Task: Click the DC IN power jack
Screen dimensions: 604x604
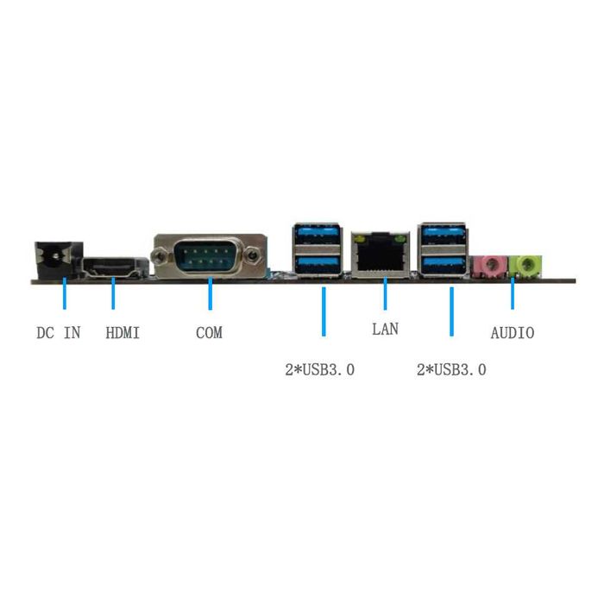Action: pyautogui.click(x=59, y=260)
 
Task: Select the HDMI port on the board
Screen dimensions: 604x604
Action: pyautogui.click(x=115, y=267)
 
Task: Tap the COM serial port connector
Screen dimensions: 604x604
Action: pyautogui.click(x=210, y=255)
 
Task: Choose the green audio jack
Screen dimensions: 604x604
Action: pyautogui.click(x=525, y=266)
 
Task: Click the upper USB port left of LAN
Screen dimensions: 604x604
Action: pyautogui.click(x=318, y=235)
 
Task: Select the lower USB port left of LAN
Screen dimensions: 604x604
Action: pyautogui.click(x=318, y=264)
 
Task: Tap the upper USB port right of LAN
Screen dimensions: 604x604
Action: pyautogui.click(x=444, y=235)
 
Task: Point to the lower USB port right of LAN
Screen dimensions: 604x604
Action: pyautogui.click(x=444, y=264)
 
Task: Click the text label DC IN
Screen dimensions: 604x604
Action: pyautogui.click(x=59, y=333)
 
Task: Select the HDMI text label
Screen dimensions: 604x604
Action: pyautogui.click(x=123, y=333)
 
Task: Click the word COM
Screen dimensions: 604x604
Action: pyautogui.click(x=209, y=333)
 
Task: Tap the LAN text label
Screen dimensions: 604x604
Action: pyautogui.click(x=385, y=329)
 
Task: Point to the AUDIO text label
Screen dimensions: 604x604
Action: pyautogui.click(x=513, y=333)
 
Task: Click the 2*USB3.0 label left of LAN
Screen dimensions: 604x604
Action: pyautogui.click(x=320, y=370)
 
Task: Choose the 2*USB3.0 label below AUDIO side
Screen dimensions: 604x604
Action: pyautogui.click(x=451, y=370)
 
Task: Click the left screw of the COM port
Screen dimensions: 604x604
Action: pyautogui.click(x=159, y=255)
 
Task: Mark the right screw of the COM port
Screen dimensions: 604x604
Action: pyautogui.click(x=252, y=255)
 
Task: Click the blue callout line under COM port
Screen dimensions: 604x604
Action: pyautogui.click(x=210, y=293)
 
